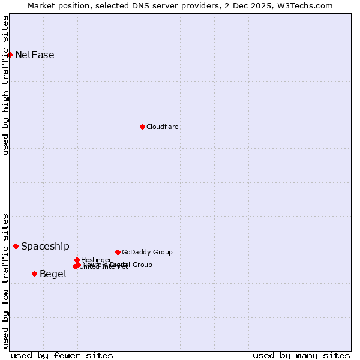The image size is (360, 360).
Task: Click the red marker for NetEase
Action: [10, 55]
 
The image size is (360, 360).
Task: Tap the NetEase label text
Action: [35, 55]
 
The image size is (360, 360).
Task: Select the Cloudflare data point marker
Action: [142, 127]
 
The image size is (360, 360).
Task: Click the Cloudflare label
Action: [163, 127]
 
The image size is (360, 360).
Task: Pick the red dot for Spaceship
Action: [16, 246]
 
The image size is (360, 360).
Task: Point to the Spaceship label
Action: [45, 246]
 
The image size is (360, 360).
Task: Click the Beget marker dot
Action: [34, 274]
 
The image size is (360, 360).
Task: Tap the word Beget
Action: [53, 274]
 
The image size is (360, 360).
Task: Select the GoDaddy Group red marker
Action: [118, 252]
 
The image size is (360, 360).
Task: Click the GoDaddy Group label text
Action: [147, 252]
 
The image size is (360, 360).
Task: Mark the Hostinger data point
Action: [77, 260]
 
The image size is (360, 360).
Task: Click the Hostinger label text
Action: [96, 260]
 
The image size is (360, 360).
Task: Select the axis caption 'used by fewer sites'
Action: [62, 355]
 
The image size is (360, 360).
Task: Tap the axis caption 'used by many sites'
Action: [301, 355]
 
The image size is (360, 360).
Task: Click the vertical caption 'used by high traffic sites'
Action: [5, 85]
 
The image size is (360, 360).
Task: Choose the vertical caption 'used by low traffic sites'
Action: [5, 281]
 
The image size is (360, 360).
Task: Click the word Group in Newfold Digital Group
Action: [142, 265]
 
